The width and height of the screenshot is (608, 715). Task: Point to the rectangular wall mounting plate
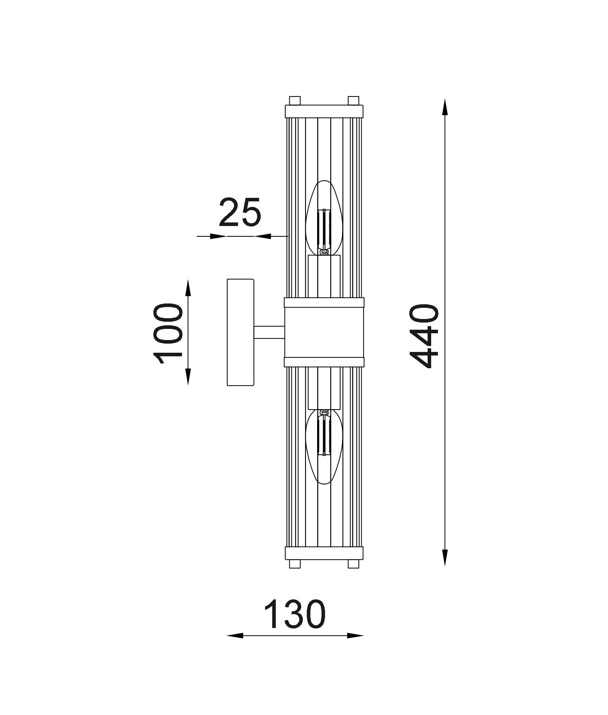tap(240, 332)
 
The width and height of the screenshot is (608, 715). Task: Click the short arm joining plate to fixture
tap(269, 332)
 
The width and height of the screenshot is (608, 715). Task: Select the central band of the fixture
tap(324, 332)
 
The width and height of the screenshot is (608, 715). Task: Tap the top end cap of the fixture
tap(324, 111)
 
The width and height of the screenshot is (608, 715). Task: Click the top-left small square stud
tap(294, 100)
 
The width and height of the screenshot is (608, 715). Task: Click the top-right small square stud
tap(353, 100)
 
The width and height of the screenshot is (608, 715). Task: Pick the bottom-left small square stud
tap(294, 564)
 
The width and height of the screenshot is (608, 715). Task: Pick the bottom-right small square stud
tap(353, 564)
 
